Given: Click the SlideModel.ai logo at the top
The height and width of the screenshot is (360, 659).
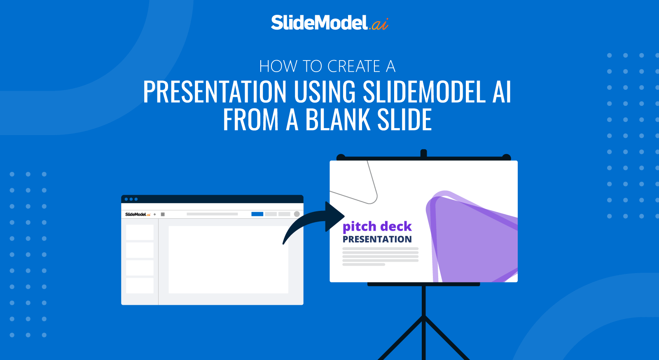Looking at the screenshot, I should pyautogui.click(x=329, y=23).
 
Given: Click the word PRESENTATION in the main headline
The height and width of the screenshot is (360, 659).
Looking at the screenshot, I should pyautogui.click(x=214, y=91).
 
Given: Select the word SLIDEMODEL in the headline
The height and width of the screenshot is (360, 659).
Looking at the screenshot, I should pyautogui.click(x=424, y=91).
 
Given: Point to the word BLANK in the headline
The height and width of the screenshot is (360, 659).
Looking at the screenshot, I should pyautogui.click(x=337, y=120).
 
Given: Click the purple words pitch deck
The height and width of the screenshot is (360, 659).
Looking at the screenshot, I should pyautogui.click(x=377, y=226).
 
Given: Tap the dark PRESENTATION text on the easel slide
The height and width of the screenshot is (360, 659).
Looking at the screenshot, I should pyautogui.click(x=377, y=239).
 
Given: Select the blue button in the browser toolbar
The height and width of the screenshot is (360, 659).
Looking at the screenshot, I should pyautogui.click(x=257, y=214).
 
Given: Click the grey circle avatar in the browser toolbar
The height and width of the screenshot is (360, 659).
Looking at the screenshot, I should pyautogui.click(x=297, y=214).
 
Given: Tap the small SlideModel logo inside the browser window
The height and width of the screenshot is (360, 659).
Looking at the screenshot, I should pyautogui.click(x=138, y=215).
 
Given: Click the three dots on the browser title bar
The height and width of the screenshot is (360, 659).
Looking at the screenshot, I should pyautogui.click(x=131, y=199).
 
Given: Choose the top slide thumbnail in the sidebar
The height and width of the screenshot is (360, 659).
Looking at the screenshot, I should pyautogui.click(x=140, y=232).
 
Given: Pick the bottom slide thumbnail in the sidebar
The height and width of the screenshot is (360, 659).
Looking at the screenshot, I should pyautogui.click(x=140, y=285).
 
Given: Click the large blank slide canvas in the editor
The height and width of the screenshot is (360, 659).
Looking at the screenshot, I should pyautogui.click(x=228, y=259).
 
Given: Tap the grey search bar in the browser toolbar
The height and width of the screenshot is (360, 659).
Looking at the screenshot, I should pyautogui.click(x=212, y=214).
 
